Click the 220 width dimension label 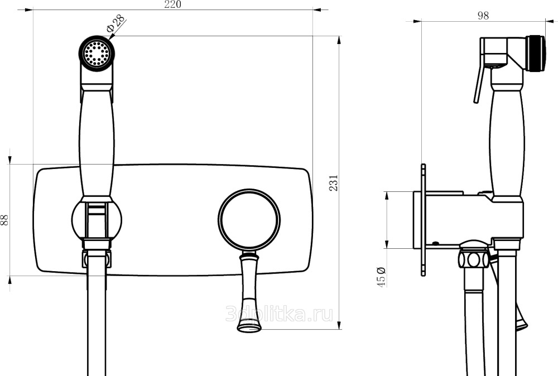tap(172, 4)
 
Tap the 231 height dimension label tap(334, 183)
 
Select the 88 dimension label tap(4, 220)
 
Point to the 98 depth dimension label tap(483, 16)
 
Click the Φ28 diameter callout tap(116, 24)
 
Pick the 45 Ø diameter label tap(381, 276)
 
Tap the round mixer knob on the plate tap(249, 219)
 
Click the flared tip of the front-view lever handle tap(249, 325)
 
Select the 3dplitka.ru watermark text tap(280, 314)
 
